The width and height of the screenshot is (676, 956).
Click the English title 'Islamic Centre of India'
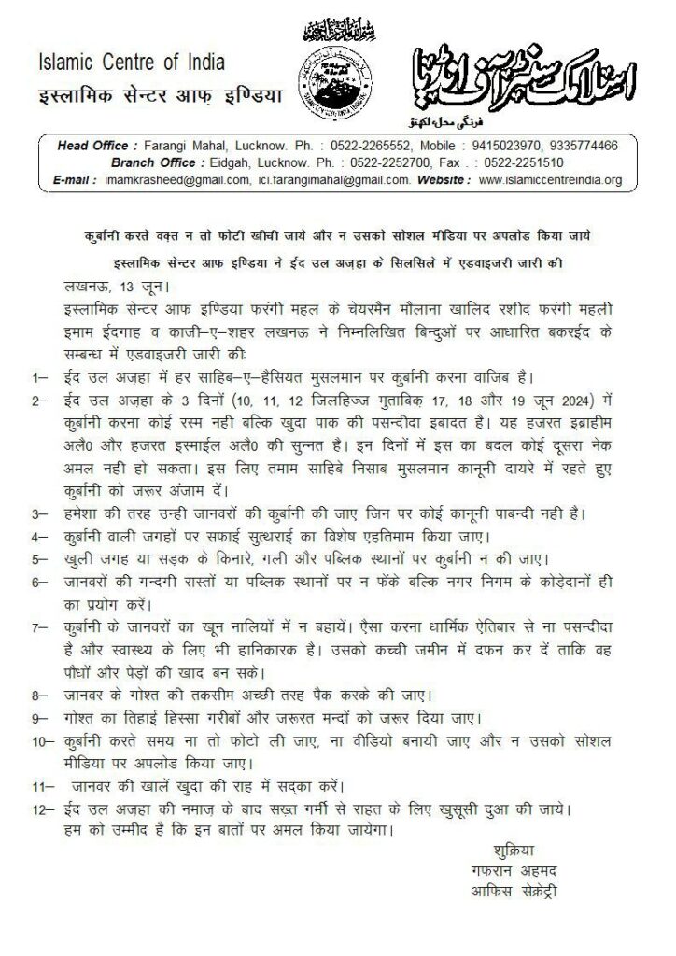click(132, 63)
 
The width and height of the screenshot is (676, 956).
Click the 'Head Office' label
click(93, 147)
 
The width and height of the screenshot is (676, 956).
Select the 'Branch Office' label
click(151, 162)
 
